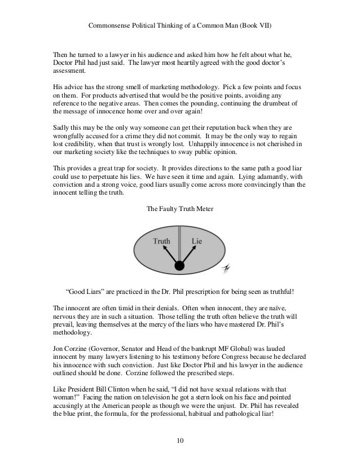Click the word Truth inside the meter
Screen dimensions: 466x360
[x=162, y=241]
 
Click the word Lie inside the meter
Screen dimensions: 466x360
[x=197, y=241]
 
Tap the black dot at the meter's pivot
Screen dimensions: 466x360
[x=179, y=266]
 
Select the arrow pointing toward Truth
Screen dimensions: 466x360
[x=168, y=255]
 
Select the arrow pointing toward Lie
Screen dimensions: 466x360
[x=191, y=255]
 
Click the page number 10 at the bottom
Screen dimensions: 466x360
[x=179, y=440]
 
